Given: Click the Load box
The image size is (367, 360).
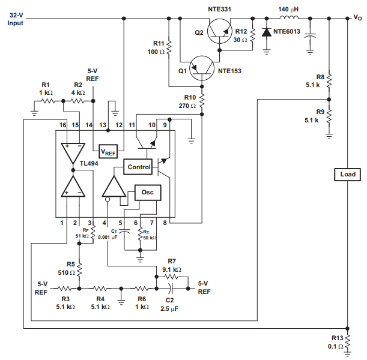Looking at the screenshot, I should [x=348, y=175].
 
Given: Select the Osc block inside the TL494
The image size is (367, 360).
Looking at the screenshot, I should [x=147, y=193].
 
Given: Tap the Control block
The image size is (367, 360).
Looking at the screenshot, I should [x=139, y=166].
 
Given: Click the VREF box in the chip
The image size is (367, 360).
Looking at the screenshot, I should [x=108, y=153].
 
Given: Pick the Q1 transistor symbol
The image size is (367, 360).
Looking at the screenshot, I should [x=201, y=68].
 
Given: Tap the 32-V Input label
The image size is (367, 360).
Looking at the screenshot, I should [x=15, y=20].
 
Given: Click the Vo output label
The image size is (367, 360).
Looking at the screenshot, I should [x=357, y=18].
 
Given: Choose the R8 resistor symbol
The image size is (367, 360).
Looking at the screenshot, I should [x=330, y=78].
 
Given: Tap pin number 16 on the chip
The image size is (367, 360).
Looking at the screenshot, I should [x=62, y=124].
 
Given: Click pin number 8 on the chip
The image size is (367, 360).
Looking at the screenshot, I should [x=165, y=223].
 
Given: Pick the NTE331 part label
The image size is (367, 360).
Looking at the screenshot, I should [x=219, y=7].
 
